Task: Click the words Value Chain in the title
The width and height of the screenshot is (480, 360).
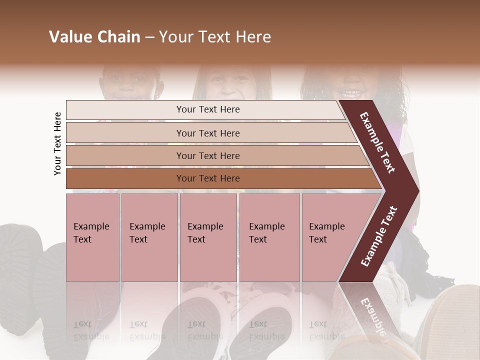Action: coord(94,37)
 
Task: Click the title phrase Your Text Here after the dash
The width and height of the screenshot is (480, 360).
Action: coord(215,37)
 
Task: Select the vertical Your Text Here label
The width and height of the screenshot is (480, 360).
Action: coord(57,143)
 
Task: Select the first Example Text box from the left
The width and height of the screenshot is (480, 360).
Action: coord(92,237)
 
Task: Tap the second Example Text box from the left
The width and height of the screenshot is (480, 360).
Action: coord(149,237)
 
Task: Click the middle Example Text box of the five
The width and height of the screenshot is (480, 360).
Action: coord(208,237)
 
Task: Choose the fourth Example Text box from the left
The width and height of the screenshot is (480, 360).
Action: coord(269,237)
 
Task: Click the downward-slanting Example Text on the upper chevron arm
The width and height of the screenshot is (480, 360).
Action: coord(377,143)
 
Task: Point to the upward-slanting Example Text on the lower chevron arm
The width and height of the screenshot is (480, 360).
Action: coord(379,236)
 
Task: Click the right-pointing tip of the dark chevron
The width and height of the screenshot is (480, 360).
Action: coord(416,191)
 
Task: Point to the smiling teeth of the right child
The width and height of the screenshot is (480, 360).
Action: coord(352,92)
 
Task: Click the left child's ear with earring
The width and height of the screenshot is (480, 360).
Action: coord(160,90)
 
